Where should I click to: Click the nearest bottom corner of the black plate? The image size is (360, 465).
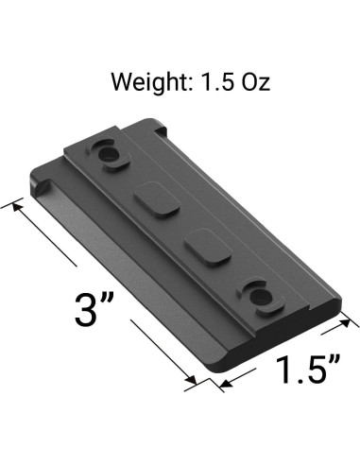pos(220,368)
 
